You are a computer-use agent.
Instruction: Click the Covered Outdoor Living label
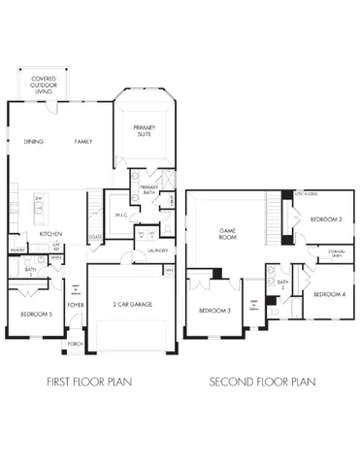click(44, 83)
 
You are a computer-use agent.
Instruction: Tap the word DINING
click(35, 142)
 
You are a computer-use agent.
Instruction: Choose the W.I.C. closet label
click(121, 216)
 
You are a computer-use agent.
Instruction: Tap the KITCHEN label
click(51, 234)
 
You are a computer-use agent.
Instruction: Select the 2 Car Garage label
click(131, 305)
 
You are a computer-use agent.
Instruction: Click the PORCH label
click(75, 345)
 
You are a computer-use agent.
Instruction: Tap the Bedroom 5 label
click(37, 316)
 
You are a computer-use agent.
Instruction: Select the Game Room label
click(228, 233)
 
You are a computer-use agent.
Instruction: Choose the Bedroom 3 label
click(213, 311)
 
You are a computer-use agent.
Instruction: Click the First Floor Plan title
click(89, 383)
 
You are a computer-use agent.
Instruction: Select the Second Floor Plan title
click(262, 383)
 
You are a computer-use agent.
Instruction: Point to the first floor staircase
click(94, 206)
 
